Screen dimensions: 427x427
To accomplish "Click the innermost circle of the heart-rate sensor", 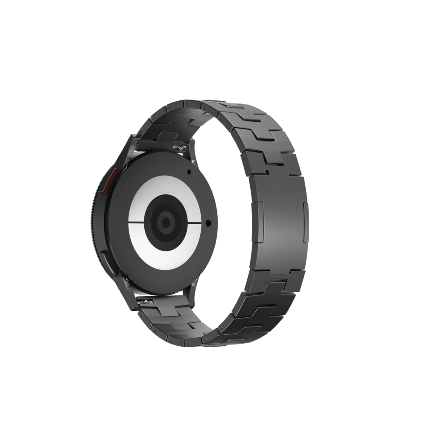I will (165, 222).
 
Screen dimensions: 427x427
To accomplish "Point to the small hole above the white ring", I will (188, 172).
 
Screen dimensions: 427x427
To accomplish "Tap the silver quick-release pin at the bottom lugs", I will (147, 302).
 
